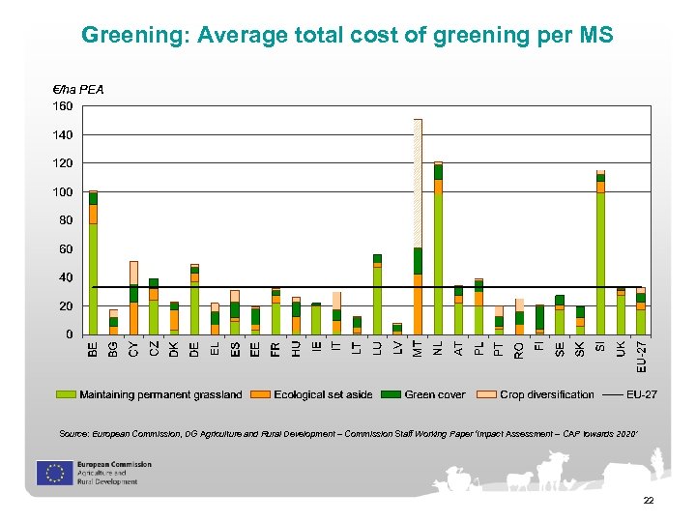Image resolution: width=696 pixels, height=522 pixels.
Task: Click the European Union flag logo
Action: pyautogui.click(x=51, y=472)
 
